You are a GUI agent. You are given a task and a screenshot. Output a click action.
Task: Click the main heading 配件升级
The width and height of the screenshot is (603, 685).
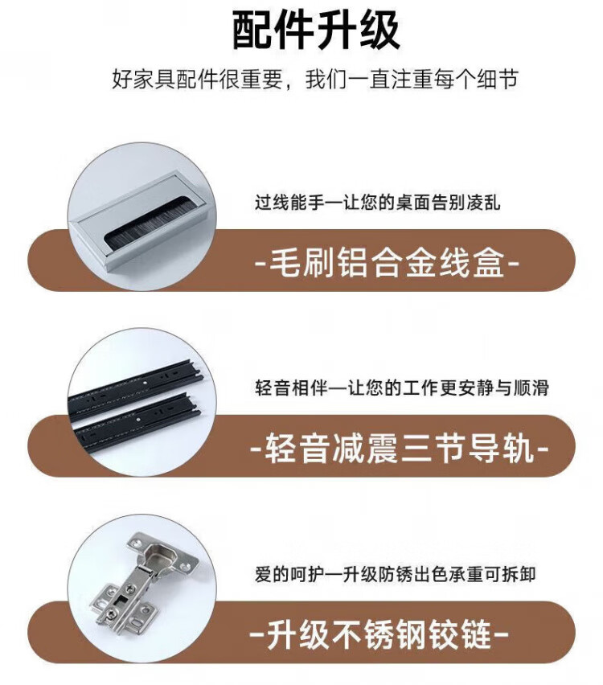[315, 31]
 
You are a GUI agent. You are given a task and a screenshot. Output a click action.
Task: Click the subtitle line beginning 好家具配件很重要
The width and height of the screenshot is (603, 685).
[315, 79]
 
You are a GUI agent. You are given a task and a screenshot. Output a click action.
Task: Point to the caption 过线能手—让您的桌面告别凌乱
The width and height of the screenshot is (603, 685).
[378, 203]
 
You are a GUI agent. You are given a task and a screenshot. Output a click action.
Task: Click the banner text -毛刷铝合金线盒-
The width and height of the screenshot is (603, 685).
[387, 263]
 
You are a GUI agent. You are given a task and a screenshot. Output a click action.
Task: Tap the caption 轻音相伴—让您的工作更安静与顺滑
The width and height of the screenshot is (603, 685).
[401, 388]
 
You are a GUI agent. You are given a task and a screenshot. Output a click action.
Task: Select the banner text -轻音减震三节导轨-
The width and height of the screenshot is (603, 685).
[400, 448]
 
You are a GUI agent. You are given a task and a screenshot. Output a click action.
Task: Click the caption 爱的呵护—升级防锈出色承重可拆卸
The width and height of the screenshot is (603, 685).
[395, 574]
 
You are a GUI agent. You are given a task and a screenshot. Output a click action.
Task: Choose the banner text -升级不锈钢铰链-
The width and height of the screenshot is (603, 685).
[379, 634]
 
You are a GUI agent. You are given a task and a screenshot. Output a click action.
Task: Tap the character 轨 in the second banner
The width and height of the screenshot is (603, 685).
[519, 448]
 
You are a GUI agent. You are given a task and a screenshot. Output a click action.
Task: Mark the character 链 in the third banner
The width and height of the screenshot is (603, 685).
[477, 634]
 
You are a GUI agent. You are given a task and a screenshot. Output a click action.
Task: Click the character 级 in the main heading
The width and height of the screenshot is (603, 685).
[379, 31]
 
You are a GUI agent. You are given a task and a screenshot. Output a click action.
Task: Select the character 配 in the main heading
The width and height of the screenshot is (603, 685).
[252, 31]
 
